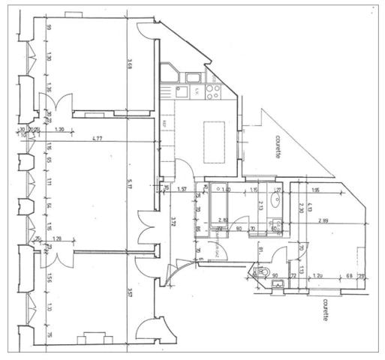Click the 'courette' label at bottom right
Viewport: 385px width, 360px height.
325,307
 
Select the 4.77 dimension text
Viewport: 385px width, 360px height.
98,139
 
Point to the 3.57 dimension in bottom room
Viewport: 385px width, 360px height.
130,294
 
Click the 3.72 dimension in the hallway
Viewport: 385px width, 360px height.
173,223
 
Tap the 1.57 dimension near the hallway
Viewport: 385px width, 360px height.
181,190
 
